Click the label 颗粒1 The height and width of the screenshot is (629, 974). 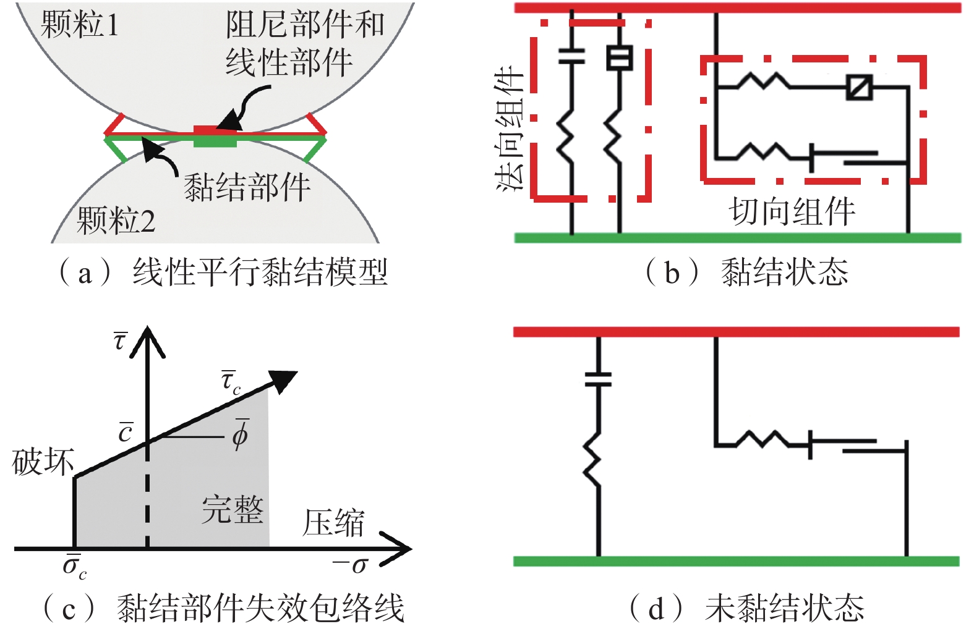[79, 25]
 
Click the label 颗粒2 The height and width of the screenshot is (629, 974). [116, 220]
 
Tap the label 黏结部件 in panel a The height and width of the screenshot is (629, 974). [247, 187]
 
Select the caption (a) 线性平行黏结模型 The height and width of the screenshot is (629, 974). [223, 272]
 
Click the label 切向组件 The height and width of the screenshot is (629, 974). [792, 211]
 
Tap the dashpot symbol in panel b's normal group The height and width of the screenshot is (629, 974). [618, 58]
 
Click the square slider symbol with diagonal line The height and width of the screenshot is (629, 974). [859, 87]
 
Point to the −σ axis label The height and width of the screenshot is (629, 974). [351, 564]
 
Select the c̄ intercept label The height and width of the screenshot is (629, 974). [126, 432]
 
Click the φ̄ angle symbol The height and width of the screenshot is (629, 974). [240, 434]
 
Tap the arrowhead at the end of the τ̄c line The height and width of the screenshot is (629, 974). [284, 380]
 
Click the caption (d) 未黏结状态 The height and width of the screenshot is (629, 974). [747, 608]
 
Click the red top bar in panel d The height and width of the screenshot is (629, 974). [736, 332]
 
